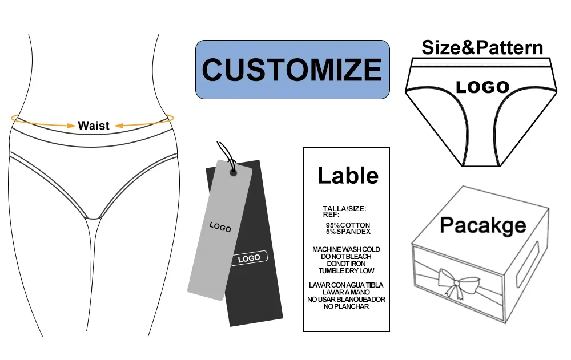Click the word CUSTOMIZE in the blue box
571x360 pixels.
pyautogui.click(x=292, y=70)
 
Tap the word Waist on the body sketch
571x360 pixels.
pyautogui.click(x=94, y=126)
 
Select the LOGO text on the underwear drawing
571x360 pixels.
pyautogui.click(x=482, y=87)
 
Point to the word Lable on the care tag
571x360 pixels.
pyautogui.click(x=347, y=175)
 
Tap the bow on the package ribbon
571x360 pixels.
pyautogui.click(x=457, y=281)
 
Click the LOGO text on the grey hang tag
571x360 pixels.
pyautogui.click(x=220, y=227)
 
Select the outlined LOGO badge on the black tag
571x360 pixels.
pyautogui.click(x=249, y=258)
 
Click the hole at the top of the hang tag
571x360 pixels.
pyautogui.click(x=233, y=169)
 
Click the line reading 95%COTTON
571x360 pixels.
pyautogui.click(x=348, y=225)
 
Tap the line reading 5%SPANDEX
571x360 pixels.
pyautogui.click(x=348, y=232)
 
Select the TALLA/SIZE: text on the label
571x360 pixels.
pyautogui.click(x=344, y=209)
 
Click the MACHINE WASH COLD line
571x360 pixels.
pyautogui.click(x=346, y=249)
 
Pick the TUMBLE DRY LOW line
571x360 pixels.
pyautogui.click(x=346, y=270)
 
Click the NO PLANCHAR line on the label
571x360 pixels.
pyautogui.click(x=346, y=306)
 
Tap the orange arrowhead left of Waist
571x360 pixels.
pyautogui.click(x=72, y=124)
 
